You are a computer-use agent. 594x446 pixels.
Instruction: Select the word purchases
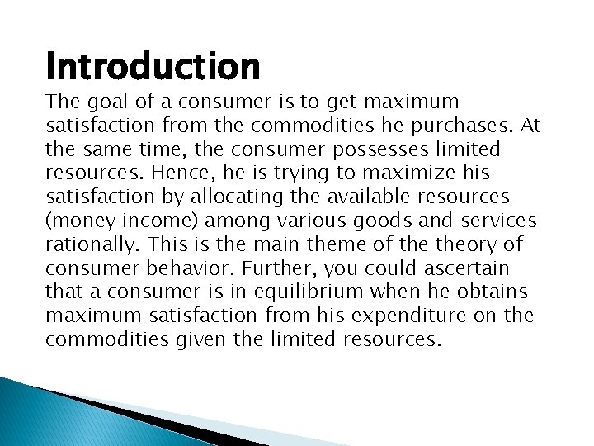click(x=471, y=126)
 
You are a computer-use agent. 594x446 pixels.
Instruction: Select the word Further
click(x=270, y=269)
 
